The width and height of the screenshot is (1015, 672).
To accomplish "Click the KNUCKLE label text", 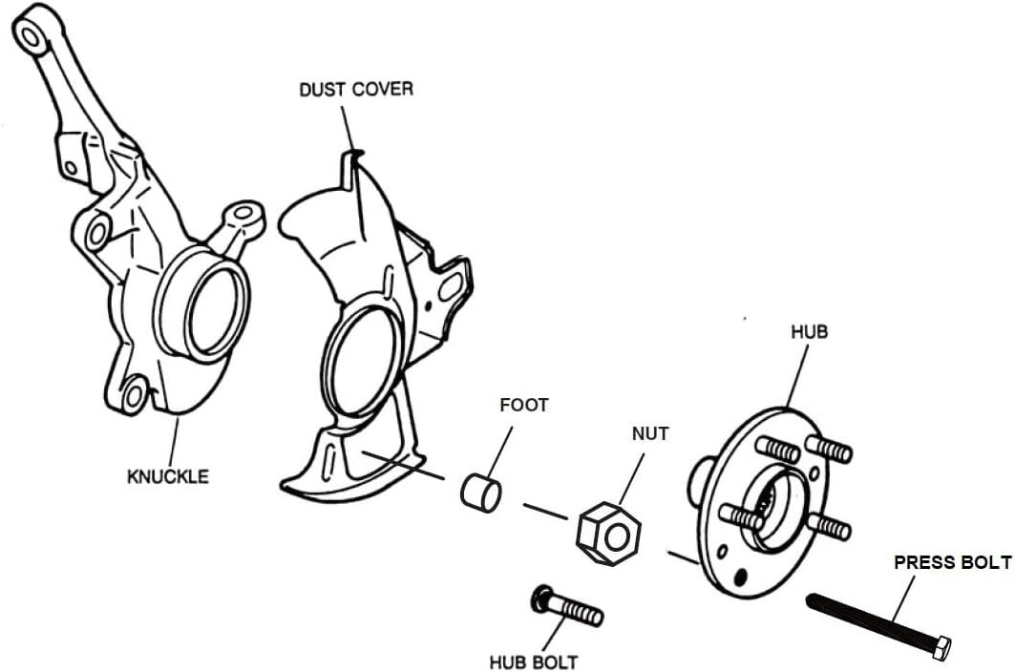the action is click(168, 476).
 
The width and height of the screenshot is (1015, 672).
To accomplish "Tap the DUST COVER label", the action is click(356, 89).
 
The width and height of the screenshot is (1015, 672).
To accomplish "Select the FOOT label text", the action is click(523, 406).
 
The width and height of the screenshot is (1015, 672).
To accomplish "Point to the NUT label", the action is click(650, 433).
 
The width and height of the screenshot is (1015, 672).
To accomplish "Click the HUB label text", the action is click(809, 332).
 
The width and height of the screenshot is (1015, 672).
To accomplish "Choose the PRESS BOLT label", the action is click(952, 562).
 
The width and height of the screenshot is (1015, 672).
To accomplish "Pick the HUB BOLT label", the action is click(534, 662).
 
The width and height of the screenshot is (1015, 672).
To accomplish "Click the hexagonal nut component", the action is click(608, 534).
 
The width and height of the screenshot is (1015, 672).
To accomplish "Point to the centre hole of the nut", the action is click(616, 535).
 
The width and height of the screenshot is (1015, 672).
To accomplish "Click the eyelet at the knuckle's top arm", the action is click(30, 36).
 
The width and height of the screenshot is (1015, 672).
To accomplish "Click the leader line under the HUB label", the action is click(797, 376).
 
